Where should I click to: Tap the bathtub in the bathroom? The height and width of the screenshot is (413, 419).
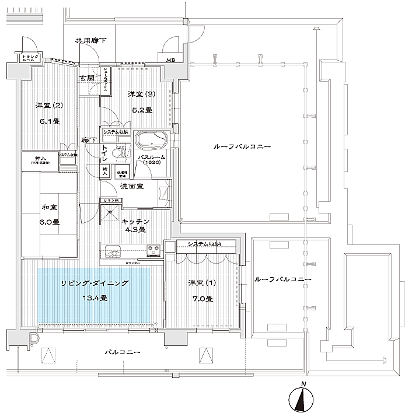pos(152,141)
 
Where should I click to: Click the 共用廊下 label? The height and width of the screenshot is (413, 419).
pos(90,41)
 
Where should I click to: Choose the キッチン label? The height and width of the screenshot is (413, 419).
pos(137,222)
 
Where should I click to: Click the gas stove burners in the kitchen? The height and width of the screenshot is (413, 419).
pos(153,252)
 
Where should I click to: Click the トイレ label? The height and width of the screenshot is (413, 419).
pos(104,153)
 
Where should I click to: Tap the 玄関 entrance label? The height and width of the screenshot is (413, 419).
pos(87,78)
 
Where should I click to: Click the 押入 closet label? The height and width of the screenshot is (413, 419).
pos(40,158)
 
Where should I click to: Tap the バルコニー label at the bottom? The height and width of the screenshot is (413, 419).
pos(122,352)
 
